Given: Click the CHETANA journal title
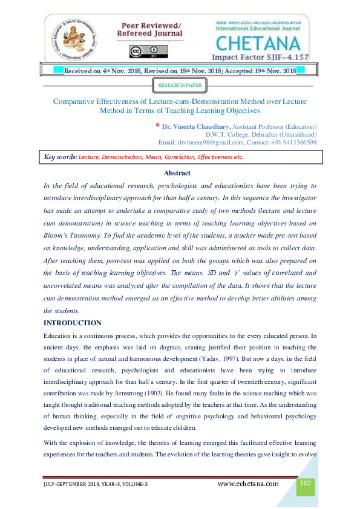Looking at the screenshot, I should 257,44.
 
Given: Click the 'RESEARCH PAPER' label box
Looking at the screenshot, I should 180,86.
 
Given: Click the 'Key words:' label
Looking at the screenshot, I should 61,157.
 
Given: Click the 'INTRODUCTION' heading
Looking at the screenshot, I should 73,323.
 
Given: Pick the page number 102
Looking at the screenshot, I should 306,483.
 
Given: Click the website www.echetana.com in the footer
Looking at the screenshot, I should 248,484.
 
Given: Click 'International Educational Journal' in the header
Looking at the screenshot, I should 258,28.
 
